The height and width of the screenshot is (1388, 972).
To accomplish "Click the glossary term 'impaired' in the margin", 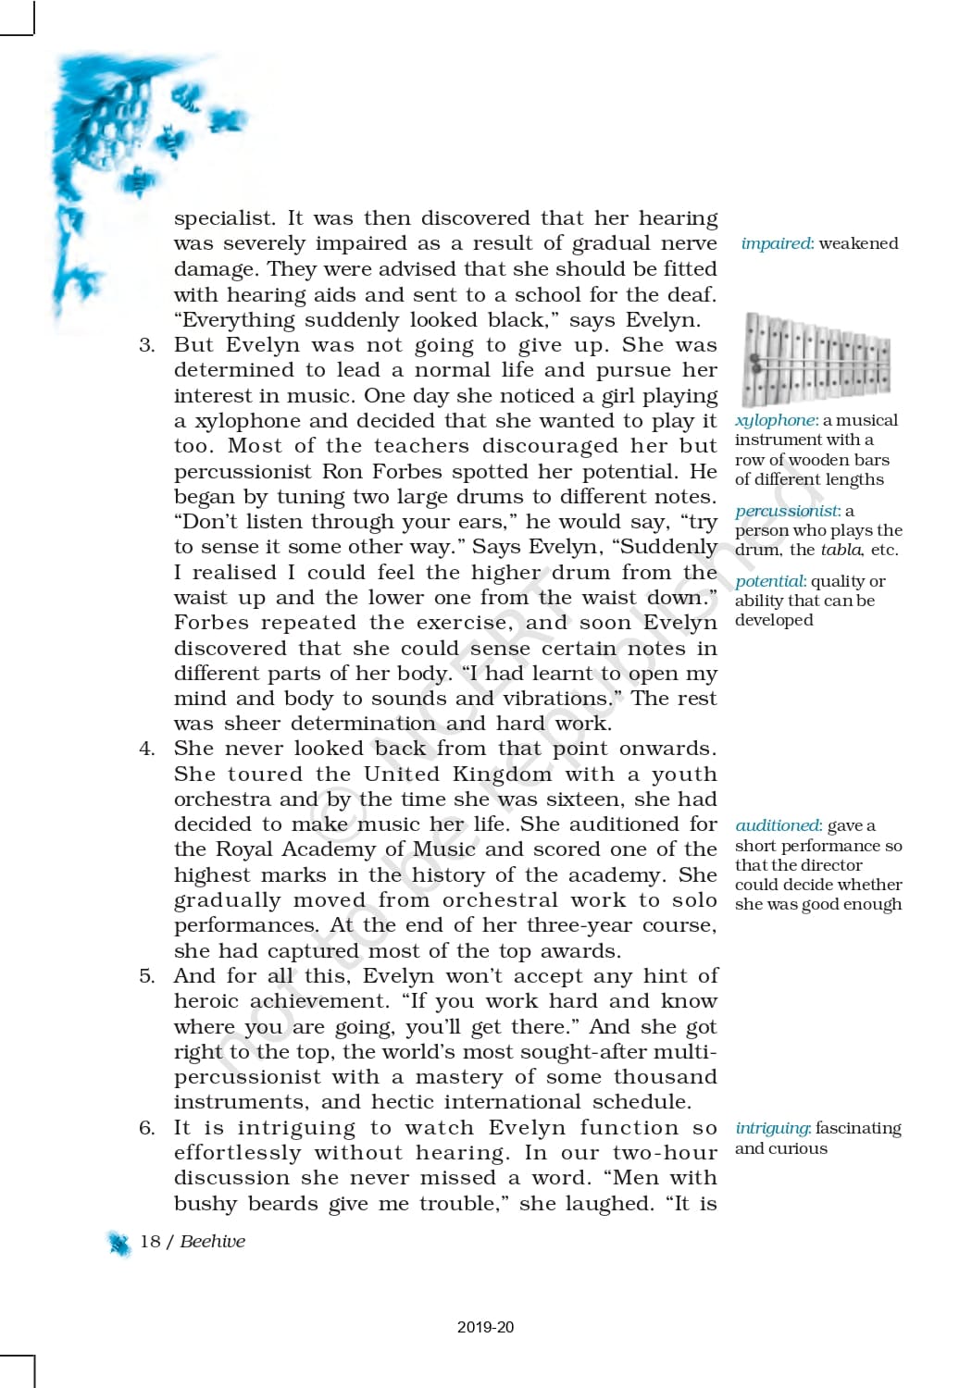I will (776, 243).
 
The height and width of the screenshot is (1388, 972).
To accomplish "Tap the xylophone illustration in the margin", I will (816, 359).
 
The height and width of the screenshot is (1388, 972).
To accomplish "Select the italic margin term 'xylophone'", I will (776, 420).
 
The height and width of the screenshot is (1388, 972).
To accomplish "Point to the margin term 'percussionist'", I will (786, 511).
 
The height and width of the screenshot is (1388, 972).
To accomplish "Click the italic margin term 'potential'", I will (770, 581).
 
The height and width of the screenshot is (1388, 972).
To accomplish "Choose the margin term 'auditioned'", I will (778, 825).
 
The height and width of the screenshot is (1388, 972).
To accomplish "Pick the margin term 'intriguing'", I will (773, 1128).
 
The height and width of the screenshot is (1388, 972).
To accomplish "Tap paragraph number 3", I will (146, 345).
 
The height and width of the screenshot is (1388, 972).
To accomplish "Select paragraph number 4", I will (146, 749).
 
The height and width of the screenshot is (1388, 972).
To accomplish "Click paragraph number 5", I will (146, 976).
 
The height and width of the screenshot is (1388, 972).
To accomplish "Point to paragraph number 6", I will (146, 1128).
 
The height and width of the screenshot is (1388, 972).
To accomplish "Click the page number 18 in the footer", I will (150, 1242).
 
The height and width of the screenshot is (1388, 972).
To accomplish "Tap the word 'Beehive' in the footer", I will (213, 1242).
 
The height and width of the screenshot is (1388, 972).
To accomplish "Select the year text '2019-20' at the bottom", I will (485, 1327).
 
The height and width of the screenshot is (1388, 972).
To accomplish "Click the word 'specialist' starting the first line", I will (225, 219).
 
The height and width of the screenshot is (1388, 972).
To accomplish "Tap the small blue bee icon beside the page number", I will (119, 1244).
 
